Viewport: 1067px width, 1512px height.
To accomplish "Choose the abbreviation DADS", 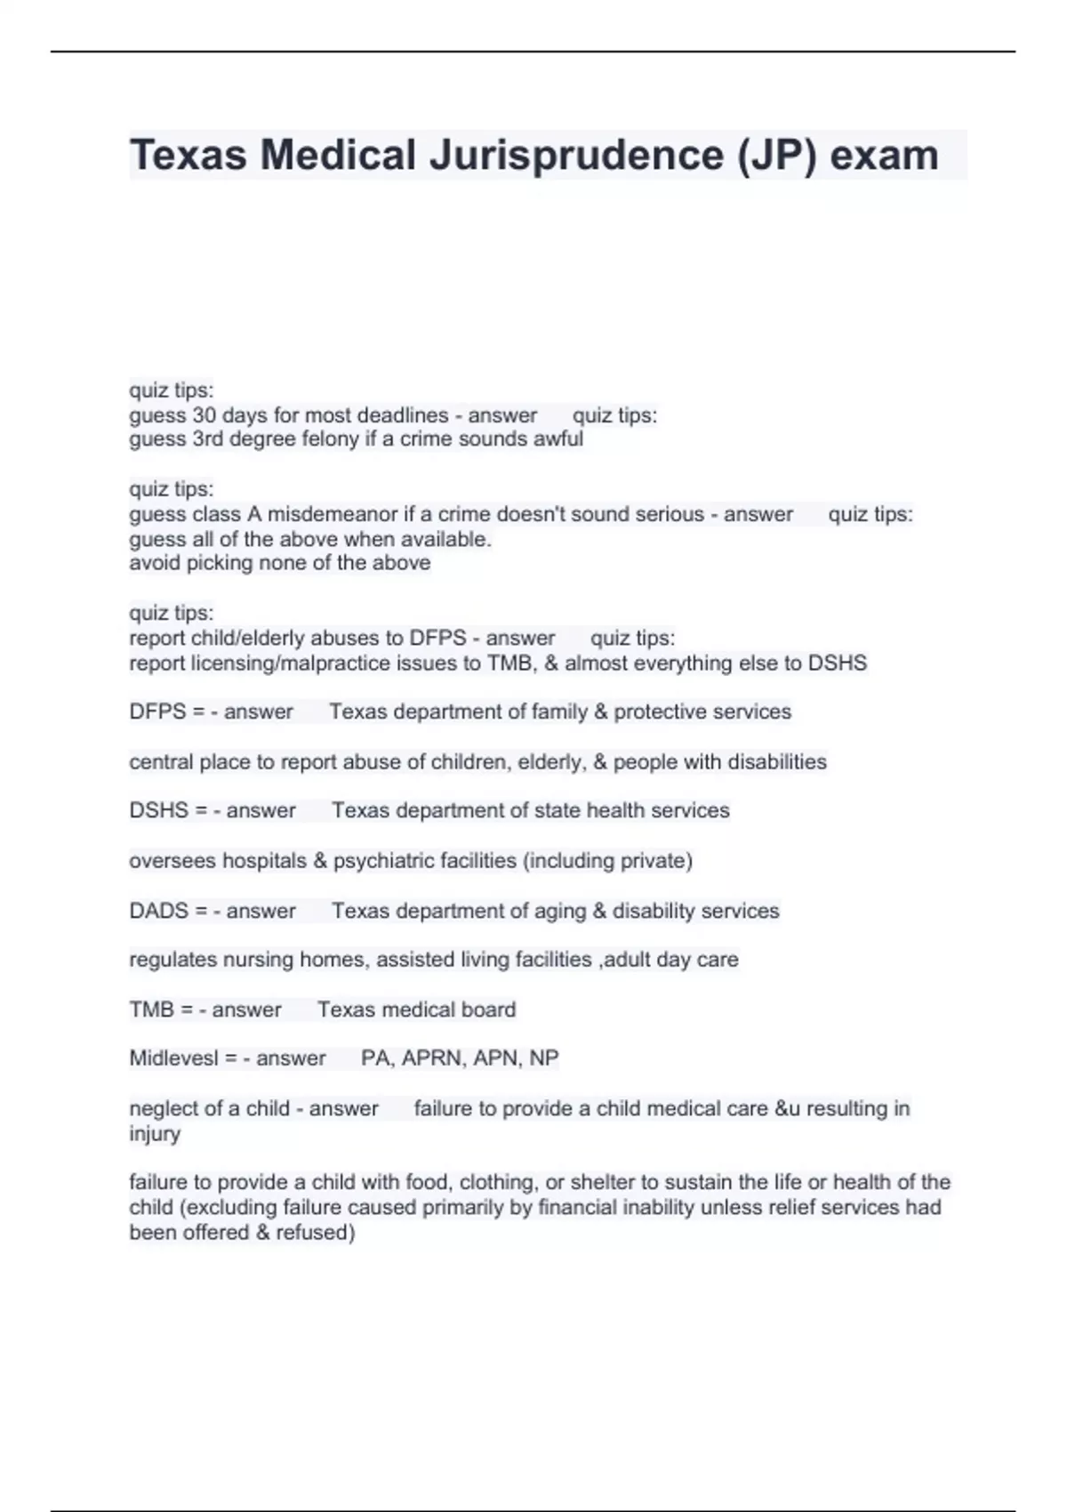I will click(158, 911).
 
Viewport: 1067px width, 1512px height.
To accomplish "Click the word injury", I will click(155, 1134).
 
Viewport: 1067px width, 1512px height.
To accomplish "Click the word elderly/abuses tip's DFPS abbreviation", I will click(437, 638).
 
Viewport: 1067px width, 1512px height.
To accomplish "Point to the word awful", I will click(558, 439).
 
